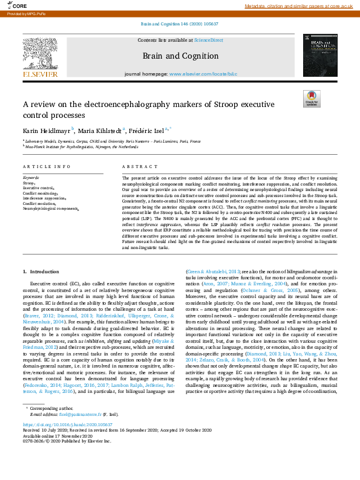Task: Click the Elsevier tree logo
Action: point(41,56)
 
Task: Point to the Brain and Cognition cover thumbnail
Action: point(320,56)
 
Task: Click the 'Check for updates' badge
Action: point(311,99)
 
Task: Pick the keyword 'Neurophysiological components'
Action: point(50,207)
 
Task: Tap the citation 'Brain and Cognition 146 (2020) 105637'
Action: point(180,25)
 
